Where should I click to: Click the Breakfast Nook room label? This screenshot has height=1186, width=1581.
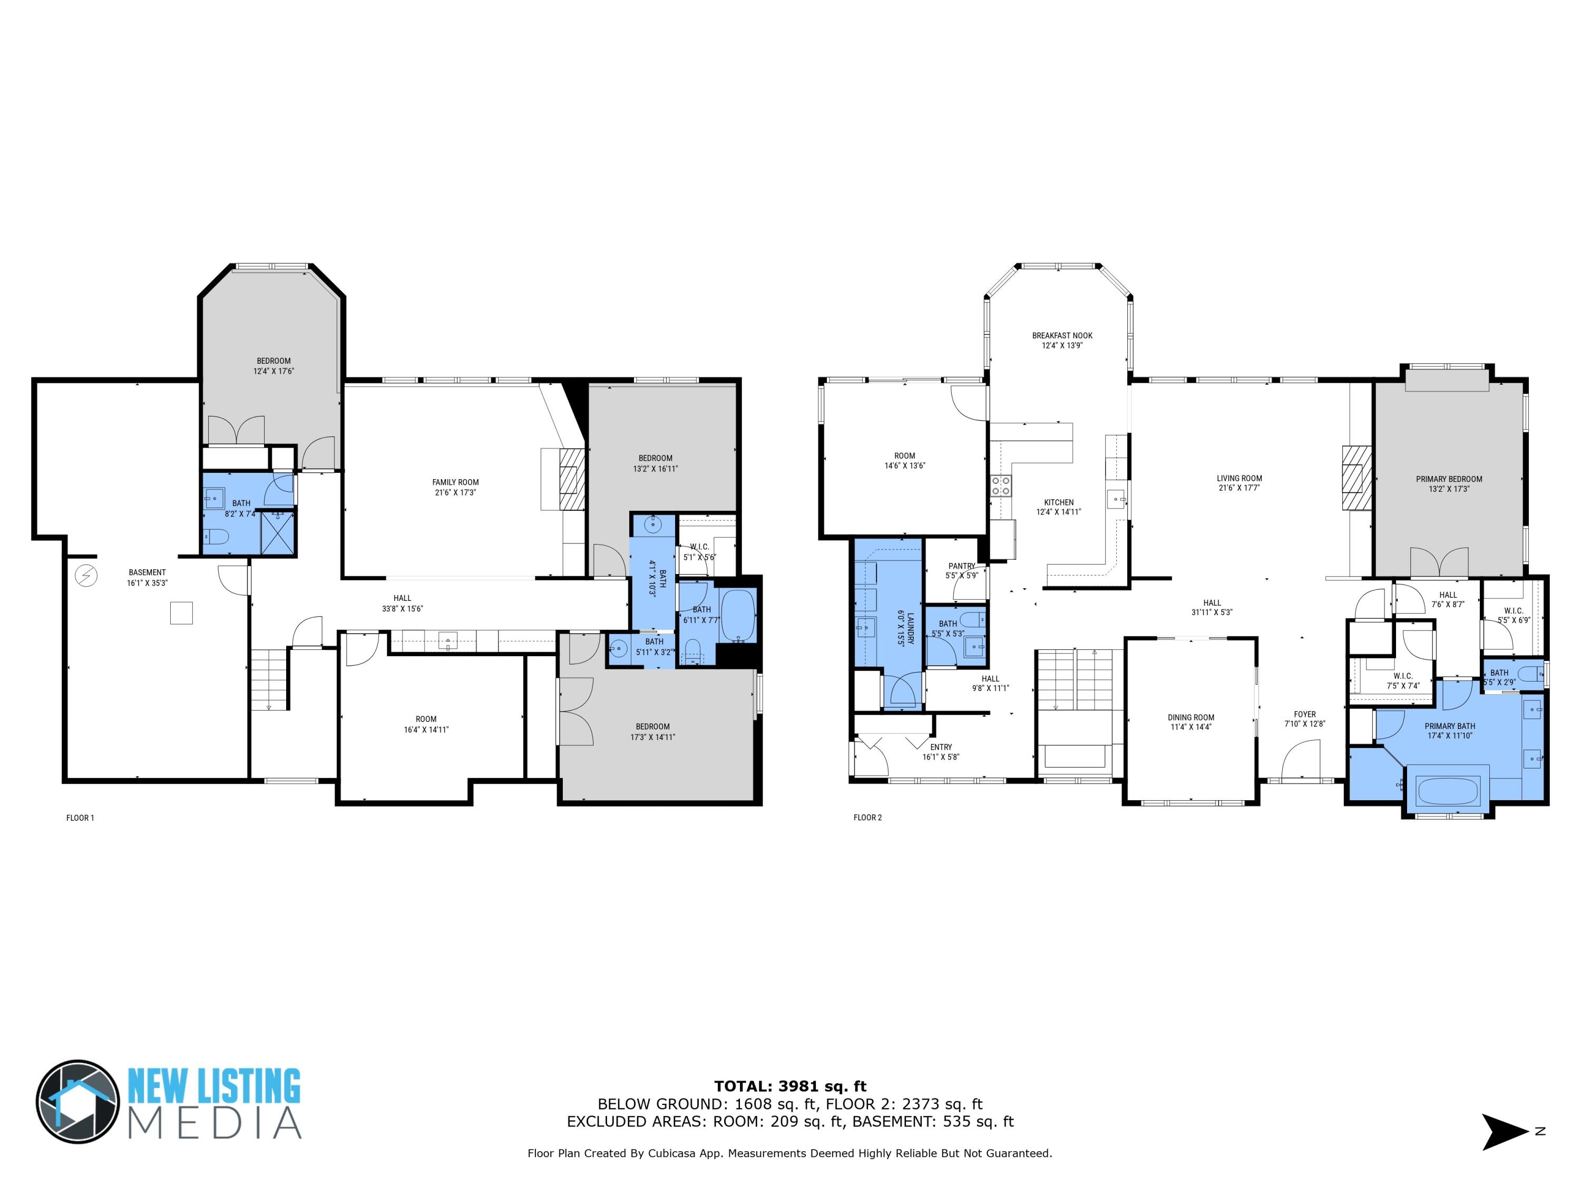coord(1061,335)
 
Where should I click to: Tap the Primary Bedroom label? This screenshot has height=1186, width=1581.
coord(1449,479)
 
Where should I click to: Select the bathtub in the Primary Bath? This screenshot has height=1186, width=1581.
coord(1447,791)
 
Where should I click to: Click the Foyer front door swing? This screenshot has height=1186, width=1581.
coord(1301,761)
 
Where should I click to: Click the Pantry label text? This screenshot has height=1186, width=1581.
coord(961,566)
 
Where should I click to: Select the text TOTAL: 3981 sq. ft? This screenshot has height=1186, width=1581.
coord(790,1086)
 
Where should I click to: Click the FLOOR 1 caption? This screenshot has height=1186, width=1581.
coord(80,818)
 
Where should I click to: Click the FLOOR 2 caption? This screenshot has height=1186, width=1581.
coord(867,817)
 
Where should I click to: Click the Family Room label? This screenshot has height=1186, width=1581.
coord(455,482)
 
